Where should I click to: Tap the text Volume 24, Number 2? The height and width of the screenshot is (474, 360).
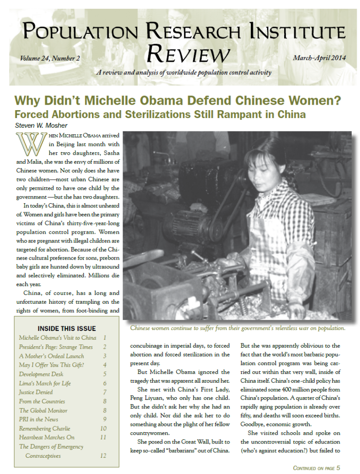point(50,59)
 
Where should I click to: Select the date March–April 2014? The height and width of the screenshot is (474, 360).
point(320,58)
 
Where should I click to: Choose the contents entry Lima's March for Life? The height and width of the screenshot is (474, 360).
point(45,383)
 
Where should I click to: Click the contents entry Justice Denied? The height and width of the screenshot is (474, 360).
point(36,392)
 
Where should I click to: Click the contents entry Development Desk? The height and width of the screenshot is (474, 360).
point(41,374)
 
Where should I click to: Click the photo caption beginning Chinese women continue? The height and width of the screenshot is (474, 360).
point(237,328)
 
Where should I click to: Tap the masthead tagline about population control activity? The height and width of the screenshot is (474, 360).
point(183,73)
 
